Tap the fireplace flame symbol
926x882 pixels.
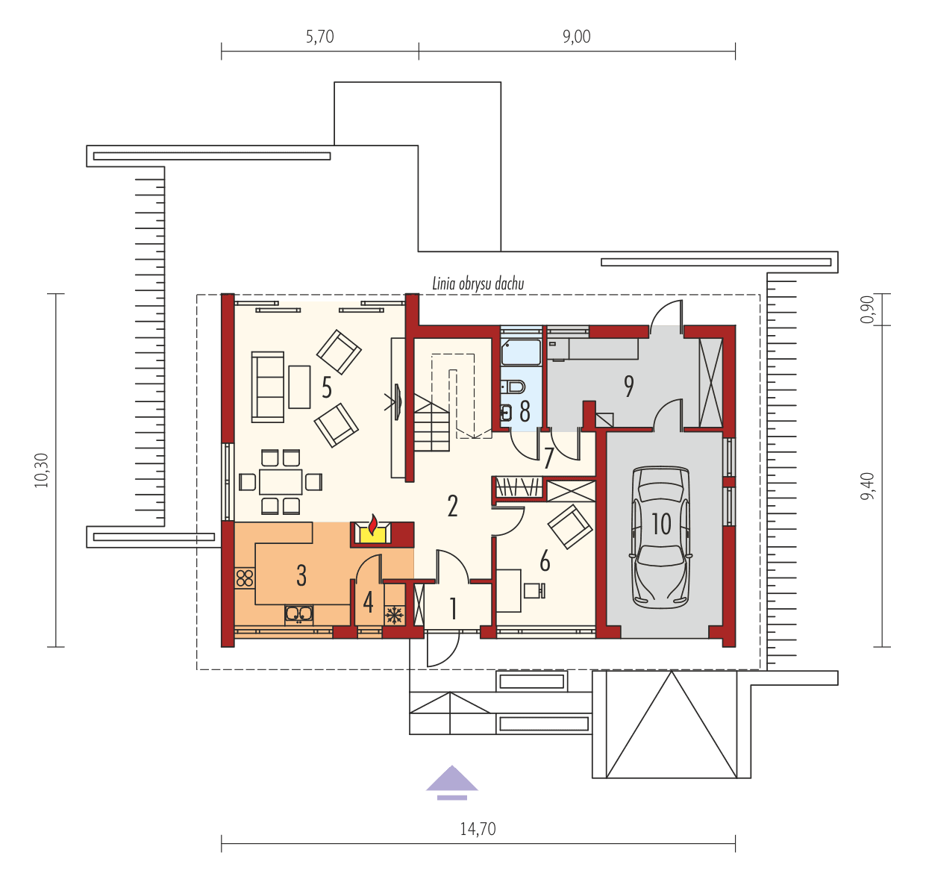tap(372, 524)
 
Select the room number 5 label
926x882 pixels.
tap(327, 387)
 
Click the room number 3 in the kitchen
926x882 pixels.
tap(301, 575)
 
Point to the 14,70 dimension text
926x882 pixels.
tap(478, 829)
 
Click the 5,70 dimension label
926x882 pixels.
tap(319, 37)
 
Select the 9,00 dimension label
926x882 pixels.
tap(576, 37)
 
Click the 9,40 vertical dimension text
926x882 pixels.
tap(867, 487)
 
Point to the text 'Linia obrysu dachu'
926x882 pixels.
tap(478, 284)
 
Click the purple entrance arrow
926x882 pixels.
tap(451, 781)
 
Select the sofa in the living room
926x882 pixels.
tap(268, 387)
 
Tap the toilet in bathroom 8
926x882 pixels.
tap(514, 387)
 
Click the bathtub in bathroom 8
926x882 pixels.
tap(521, 352)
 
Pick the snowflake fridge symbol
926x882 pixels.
tap(394, 616)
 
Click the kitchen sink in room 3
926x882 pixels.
tap(299, 614)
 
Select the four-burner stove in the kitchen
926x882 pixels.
tap(244, 577)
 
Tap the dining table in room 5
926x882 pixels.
tap(281, 481)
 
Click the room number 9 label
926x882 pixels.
tap(629, 386)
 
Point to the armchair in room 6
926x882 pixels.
tap(571, 526)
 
